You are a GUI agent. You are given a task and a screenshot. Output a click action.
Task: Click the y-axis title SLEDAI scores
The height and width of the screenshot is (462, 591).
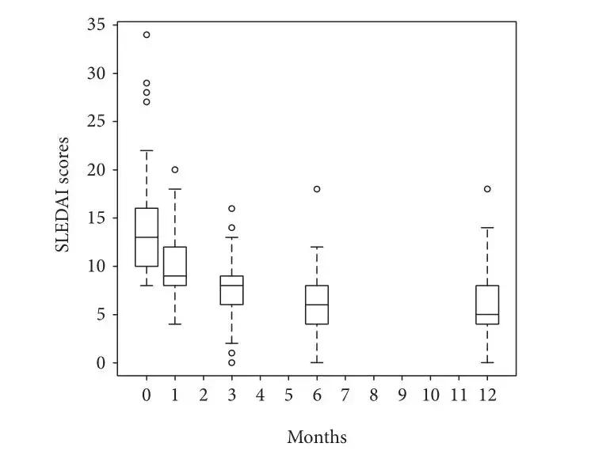point(63,195)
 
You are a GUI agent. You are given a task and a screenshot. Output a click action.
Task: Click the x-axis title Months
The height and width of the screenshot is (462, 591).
point(316,436)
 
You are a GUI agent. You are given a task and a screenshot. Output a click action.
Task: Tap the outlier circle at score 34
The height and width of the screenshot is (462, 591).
point(147,35)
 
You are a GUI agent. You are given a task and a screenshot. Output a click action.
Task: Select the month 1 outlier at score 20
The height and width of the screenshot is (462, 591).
point(174,169)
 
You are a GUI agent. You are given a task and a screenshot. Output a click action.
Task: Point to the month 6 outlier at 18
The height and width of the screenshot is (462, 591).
point(316,189)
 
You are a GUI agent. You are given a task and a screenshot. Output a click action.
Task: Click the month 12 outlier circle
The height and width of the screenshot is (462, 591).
point(487,189)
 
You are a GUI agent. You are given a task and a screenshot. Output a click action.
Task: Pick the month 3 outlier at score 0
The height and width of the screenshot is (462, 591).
point(231,363)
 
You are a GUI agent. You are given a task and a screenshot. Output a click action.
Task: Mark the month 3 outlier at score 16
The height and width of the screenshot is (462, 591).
point(231,209)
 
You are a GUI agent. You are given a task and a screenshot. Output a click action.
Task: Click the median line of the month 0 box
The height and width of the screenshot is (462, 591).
point(147,237)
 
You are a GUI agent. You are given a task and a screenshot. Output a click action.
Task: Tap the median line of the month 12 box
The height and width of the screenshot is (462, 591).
point(487,315)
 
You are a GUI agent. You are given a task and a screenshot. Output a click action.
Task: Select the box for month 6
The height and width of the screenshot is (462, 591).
point(316,305)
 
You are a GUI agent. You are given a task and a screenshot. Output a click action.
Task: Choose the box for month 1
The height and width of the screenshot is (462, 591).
point(174,267)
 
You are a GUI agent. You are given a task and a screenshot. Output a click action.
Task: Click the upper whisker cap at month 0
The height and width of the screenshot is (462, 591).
point(147,150)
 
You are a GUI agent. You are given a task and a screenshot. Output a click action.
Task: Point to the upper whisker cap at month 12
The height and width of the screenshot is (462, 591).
point(487,228)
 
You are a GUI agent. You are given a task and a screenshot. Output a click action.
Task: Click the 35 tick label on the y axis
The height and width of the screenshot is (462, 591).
point(96,25)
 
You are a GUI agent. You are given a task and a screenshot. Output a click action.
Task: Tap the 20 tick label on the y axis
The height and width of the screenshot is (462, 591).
point(96,170)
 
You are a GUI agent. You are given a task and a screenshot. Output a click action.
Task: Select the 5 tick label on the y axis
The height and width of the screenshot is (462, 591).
point(100,315)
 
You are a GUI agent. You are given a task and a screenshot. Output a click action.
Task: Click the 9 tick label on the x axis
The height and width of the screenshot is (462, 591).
point(402,395)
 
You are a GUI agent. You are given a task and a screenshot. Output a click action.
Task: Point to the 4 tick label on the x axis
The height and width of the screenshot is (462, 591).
point(260,395)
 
